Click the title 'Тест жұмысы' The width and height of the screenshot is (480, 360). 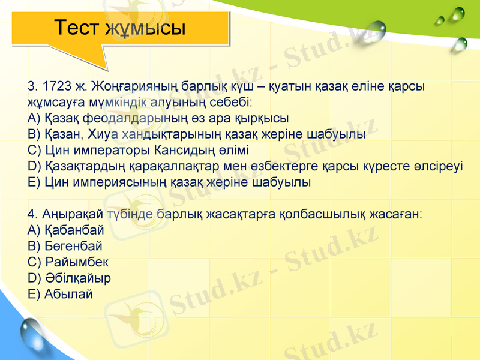pos(119,28)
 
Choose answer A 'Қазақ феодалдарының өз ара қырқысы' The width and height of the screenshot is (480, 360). pos(158,118)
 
